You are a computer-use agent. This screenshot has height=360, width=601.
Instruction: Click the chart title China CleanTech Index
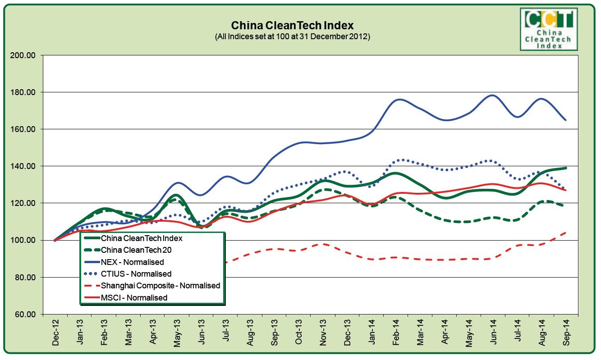tap(292, 25)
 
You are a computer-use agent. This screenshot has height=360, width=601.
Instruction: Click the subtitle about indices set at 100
tap(292, 36)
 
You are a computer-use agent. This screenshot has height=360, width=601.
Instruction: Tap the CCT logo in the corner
tap(548, 28)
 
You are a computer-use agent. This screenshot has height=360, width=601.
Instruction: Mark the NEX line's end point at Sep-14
tap(566, 120)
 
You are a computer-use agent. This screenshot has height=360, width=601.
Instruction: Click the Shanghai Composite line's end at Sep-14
tap(566, 232)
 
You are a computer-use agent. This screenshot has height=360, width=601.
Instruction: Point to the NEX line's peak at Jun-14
tap(492, 95)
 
